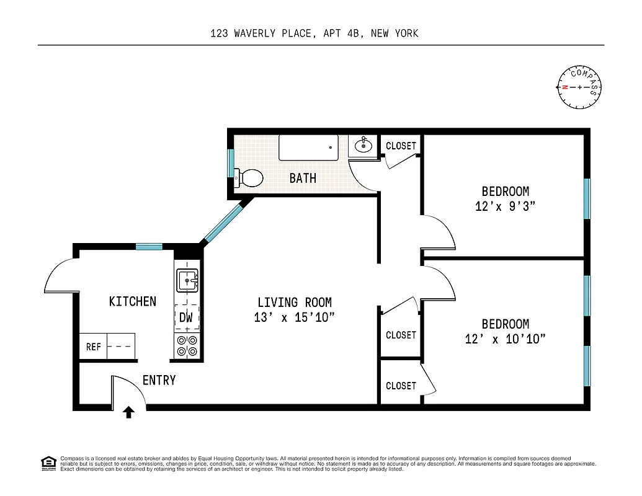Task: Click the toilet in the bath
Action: point(250,178)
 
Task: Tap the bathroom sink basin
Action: point(363,147)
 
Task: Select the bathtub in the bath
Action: point(308,148)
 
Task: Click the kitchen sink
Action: point(187,280)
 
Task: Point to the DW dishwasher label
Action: point(186,318)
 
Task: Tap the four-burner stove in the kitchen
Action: point(187,346)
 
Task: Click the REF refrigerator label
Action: point(93,347)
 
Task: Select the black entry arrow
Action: point(129,412)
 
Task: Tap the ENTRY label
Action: point(159,381)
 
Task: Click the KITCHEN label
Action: point(133,301)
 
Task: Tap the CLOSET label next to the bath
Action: point(401,146)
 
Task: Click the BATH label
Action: point(303,179)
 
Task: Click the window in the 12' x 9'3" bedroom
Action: point(587,198)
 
